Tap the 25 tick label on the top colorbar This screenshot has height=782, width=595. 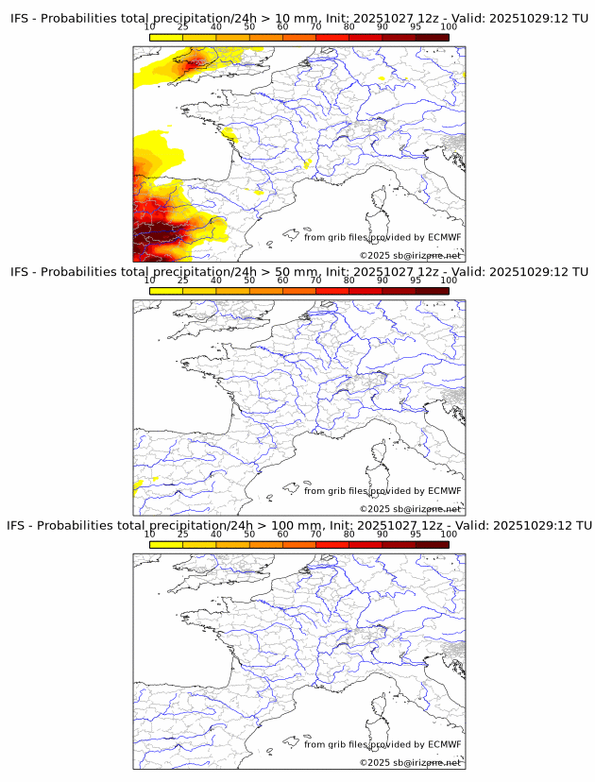click(182, 28)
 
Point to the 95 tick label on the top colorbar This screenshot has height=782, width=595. click(416, 28)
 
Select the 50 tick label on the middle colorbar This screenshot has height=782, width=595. click(249, 280)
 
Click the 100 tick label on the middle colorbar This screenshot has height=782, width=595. click(449, 280)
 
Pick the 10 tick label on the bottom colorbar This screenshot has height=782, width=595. click(149, 534)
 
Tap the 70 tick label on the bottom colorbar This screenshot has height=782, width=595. click(315, 534)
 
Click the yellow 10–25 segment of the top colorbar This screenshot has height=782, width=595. click(166, 37)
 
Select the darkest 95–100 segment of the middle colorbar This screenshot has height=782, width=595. click(432, 290)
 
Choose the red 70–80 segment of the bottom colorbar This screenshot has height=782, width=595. click(331, 544)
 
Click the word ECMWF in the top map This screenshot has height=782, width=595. click(445, 237)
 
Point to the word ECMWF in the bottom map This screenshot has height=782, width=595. click(445, 744)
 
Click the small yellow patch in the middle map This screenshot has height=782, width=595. click(139, 484)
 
